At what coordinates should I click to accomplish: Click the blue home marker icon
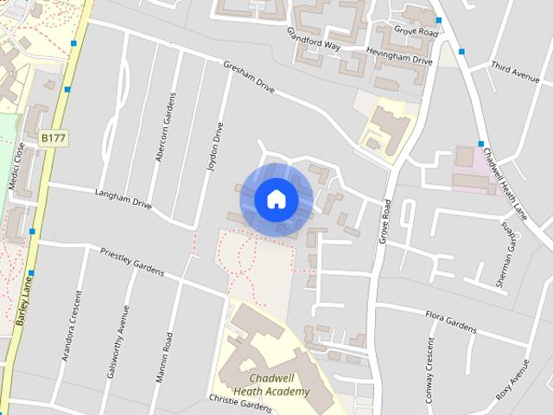(x=276, y=199)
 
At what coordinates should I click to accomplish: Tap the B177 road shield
(x=53, y=137)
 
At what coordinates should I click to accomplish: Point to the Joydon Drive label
(x=217, y=146)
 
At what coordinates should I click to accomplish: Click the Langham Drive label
(x=124, y=201)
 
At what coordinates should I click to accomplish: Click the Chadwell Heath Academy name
(x=271, y=385)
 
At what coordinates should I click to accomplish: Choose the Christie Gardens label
(x=240, y=403)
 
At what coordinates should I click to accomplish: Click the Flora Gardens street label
(x=450, y=322)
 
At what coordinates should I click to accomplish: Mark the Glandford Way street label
(x=315, y=40)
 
